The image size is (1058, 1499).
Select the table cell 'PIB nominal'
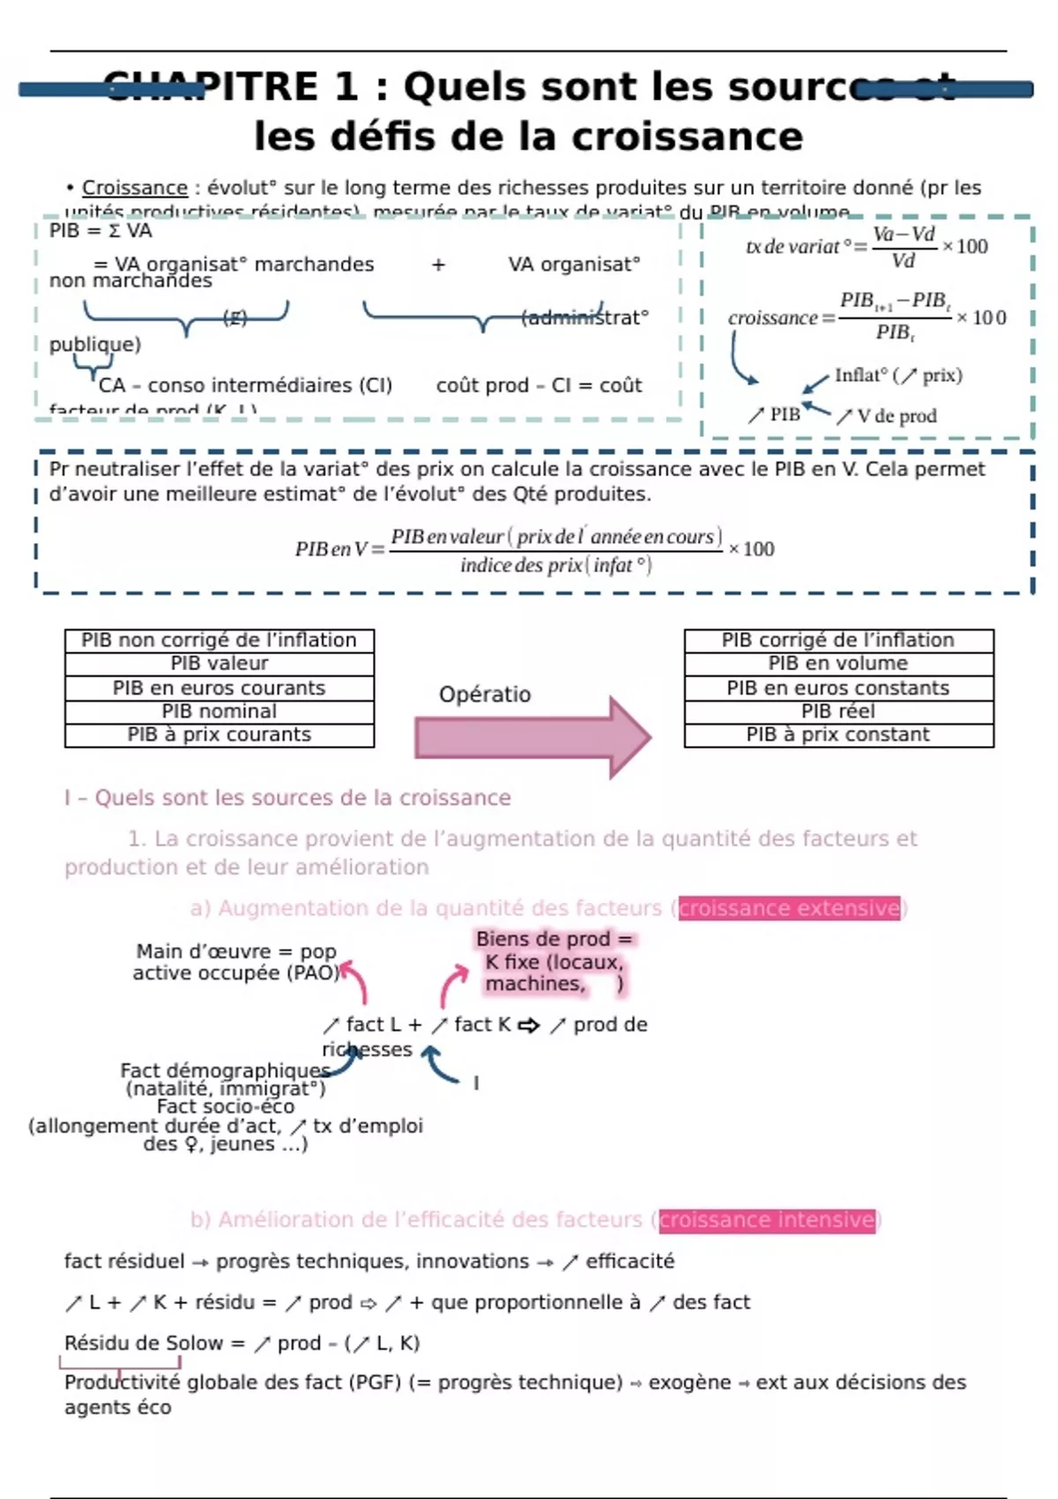(x=219, y=712)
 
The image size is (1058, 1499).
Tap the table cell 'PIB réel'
(x=838, y=712)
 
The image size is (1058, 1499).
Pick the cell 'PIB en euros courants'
(x=219, y=688)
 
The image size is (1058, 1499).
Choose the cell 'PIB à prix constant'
(x=838, y=735)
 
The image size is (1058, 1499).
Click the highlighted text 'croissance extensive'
(x=789, y=908)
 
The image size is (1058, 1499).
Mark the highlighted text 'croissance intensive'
(x=767, y=1219)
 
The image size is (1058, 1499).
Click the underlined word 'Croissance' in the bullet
(x=135, y=188)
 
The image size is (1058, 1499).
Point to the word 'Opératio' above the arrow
(x=485, y=695)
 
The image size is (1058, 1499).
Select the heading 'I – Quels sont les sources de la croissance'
(x=287, y=798)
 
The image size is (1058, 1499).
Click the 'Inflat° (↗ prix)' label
(x=898, y=376)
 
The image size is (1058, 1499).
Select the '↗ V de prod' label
(x=886, y=416)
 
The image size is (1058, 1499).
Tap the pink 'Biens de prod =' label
(x=554, y=939)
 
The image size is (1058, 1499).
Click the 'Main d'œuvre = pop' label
(x=235, y=951)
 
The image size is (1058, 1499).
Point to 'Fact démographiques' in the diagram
(x=225, y=1070)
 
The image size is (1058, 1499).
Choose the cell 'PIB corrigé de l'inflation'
(x=838, y=640)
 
